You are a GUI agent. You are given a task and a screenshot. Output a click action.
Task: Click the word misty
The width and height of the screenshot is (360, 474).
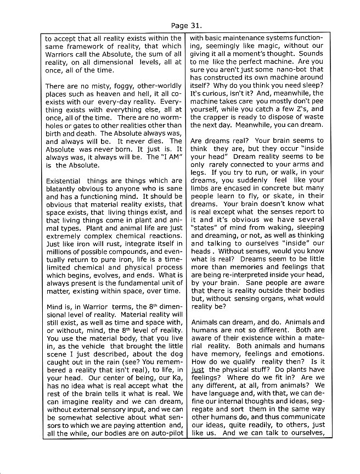(102, 86)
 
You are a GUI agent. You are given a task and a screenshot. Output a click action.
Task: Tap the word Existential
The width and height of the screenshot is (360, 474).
(65, 181)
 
